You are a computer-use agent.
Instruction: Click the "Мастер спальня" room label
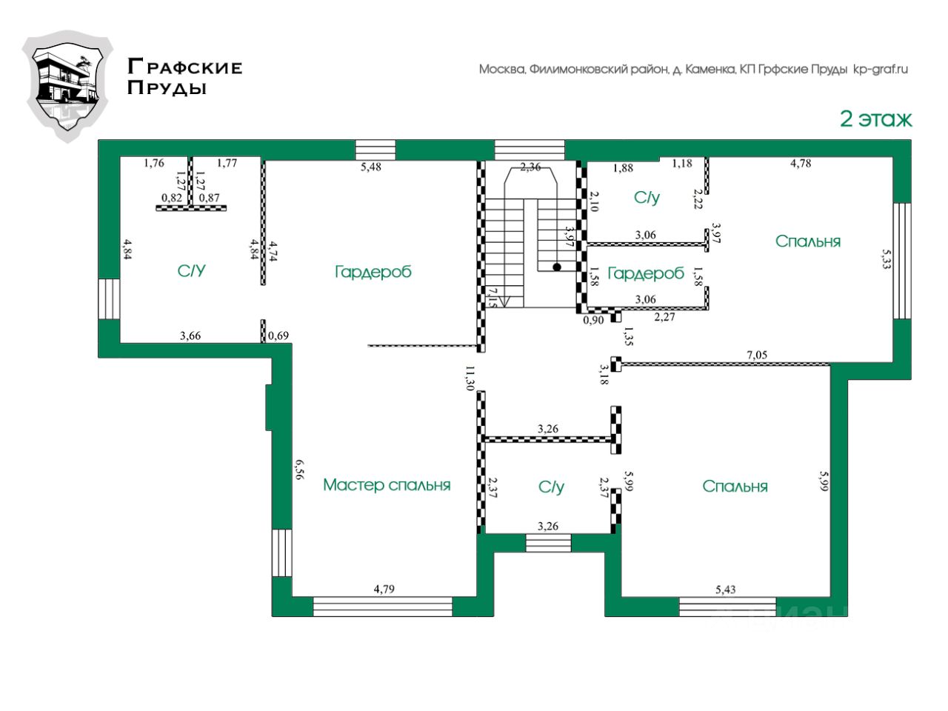point(387,485)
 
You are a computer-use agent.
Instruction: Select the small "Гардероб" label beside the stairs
point(645,273)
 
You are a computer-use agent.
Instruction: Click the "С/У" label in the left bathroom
point(191,271)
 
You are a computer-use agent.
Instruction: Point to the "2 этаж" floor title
point(875,118)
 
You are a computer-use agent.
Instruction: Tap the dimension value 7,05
point(757,355)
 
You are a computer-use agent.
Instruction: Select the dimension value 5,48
point(371,167)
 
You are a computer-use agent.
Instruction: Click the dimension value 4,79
point(384,590)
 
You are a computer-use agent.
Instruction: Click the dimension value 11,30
point(470,378)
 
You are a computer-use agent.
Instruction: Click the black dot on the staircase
point(556,267)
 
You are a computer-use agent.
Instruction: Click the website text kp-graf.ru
point(881,70)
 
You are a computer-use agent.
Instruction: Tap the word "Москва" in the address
point(502,70)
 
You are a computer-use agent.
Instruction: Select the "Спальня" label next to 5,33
point(808,241)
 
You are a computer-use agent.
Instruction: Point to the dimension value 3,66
point(190,336)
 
